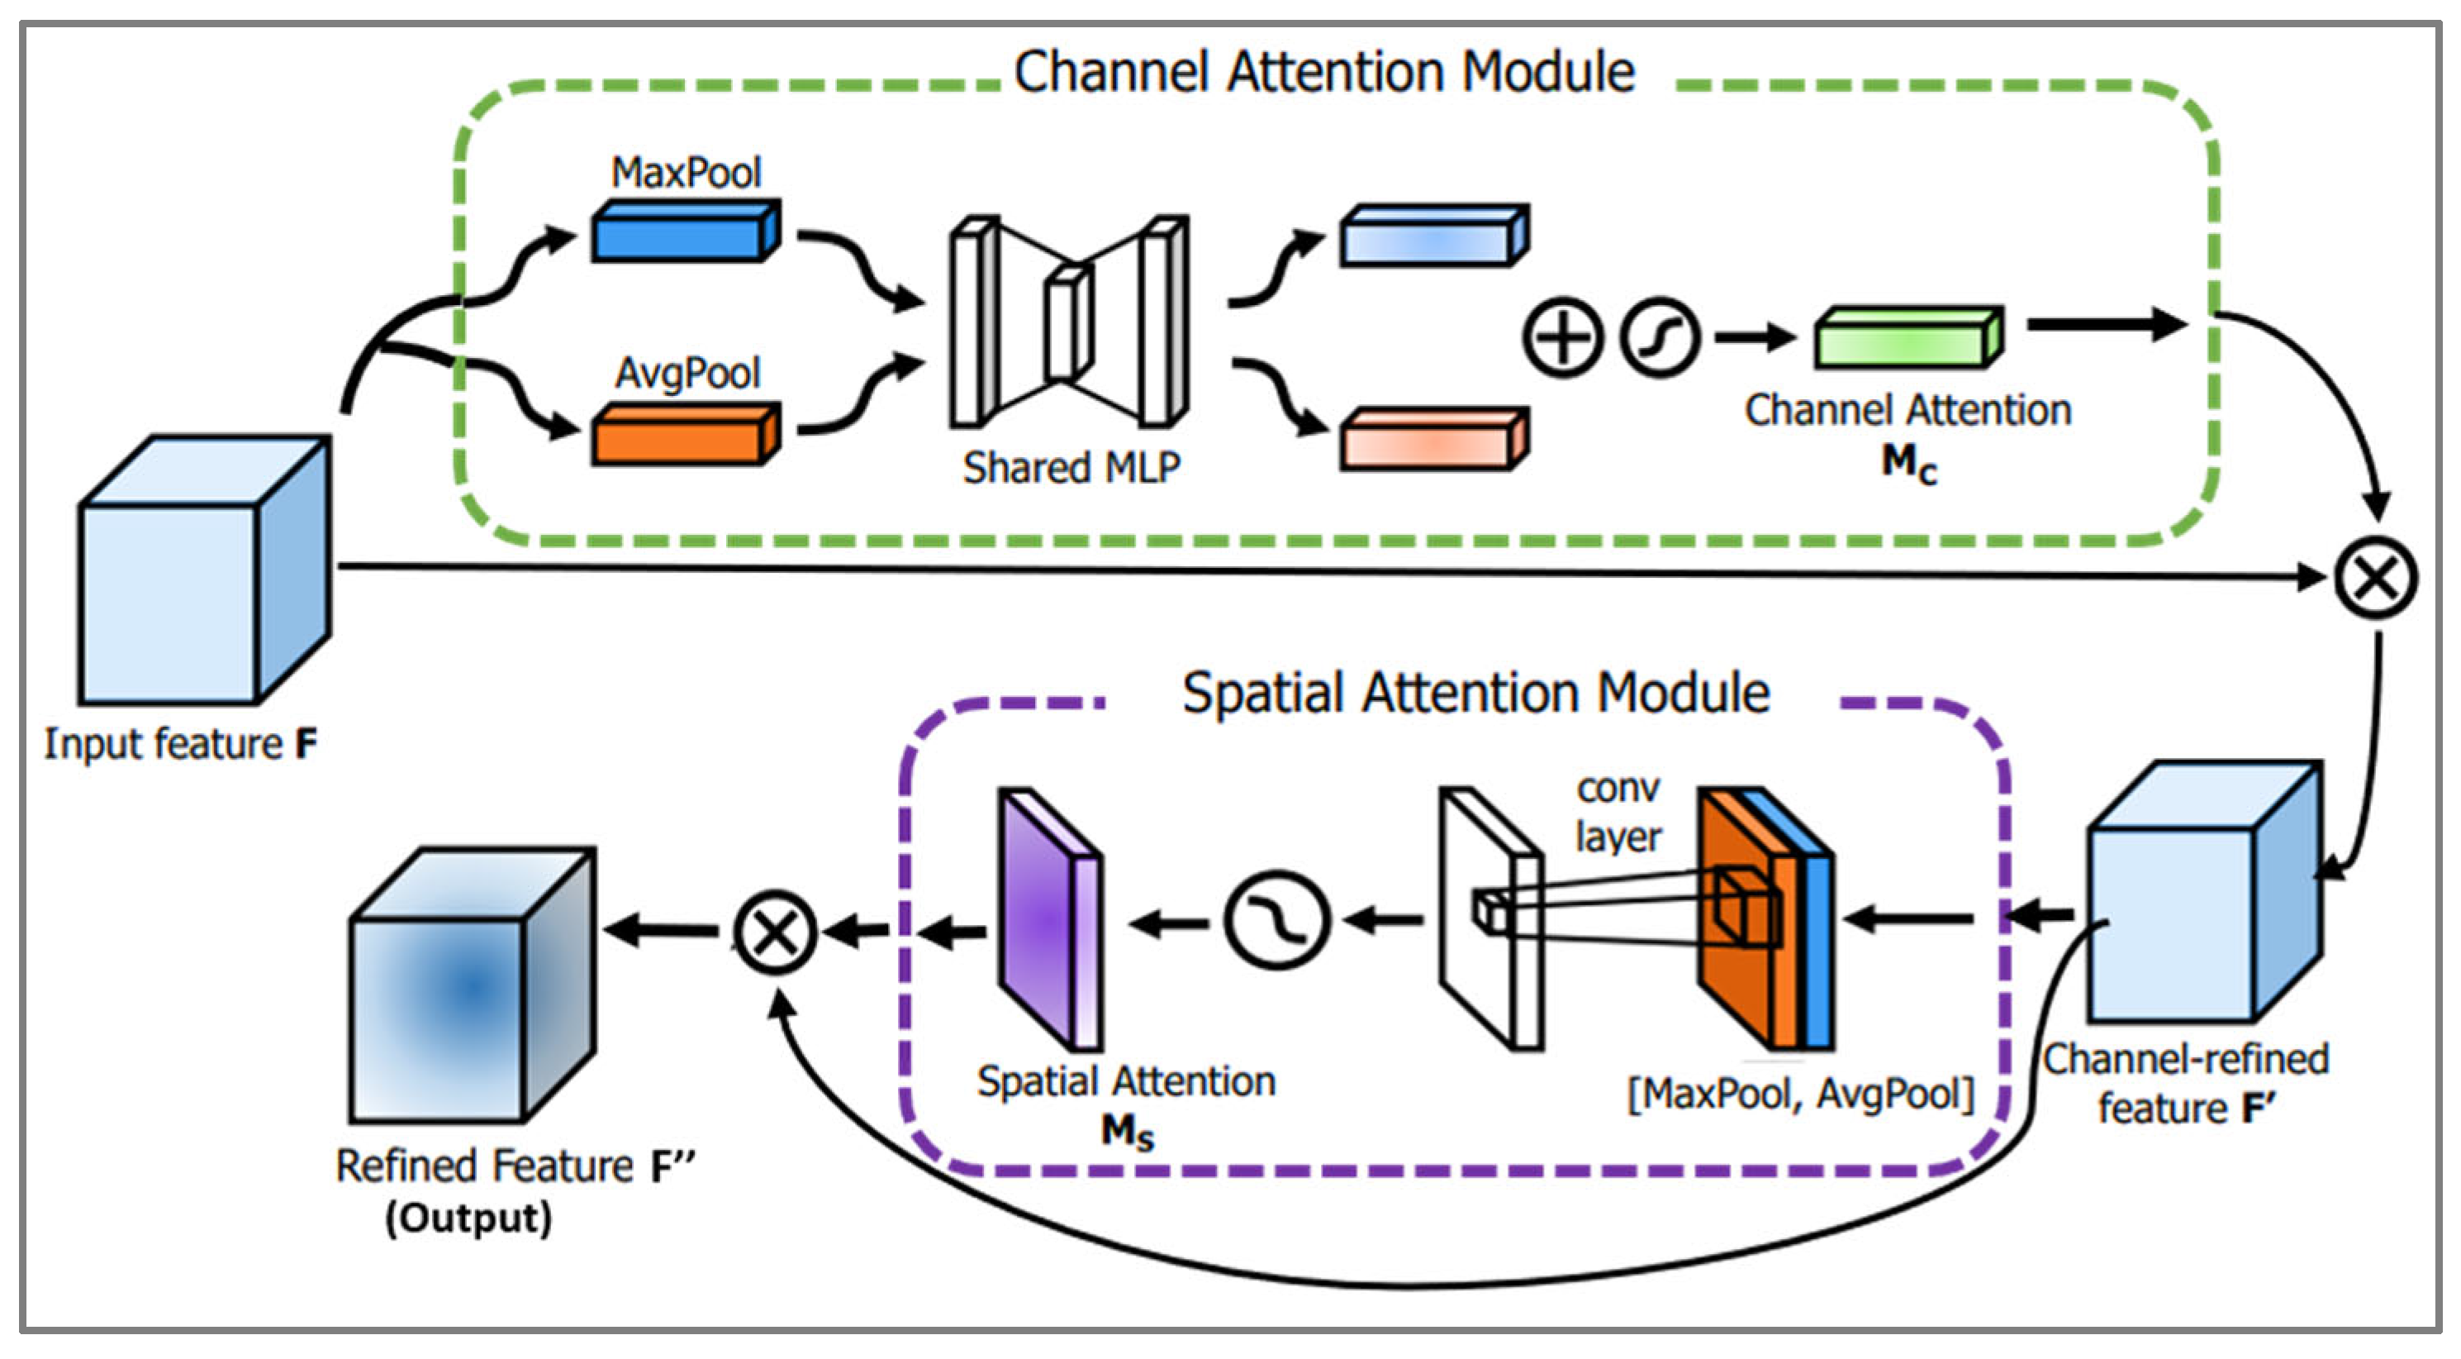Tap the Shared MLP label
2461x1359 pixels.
[1071, 468]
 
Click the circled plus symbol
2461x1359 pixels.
[1562, 337]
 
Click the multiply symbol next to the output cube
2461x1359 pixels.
[775, 932]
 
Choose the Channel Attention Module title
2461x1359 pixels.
[1324, 73]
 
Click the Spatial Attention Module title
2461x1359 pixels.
[1475, 692]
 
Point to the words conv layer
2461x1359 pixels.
[1618, 813]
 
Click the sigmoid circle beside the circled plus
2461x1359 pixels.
[1660, 337]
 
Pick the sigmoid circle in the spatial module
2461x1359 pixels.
[1276, 920]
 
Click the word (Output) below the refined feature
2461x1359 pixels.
[468, 1218]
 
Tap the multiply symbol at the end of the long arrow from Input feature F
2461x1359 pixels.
[2375, 578]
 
